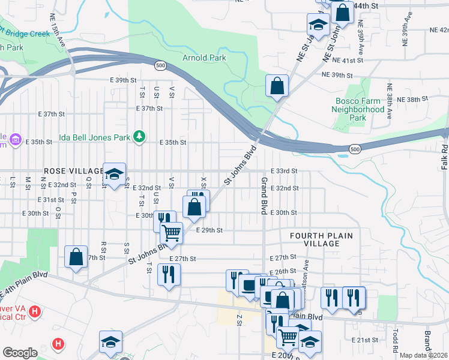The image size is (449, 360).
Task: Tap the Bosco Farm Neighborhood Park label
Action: point(358,110)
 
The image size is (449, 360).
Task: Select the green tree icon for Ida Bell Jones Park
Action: point(139,137)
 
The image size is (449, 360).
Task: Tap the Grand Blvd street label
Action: point(263,196)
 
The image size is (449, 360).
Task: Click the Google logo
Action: point(20,353)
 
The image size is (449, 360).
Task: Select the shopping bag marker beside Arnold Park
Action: point(277,86)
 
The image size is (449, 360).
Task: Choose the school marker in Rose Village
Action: point(113,174)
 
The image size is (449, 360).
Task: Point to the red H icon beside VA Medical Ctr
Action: point(35,311)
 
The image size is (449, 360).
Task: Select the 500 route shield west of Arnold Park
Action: point(159,65)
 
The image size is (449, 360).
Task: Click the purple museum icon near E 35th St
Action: point(15,142)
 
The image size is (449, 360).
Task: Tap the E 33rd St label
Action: point(284,171)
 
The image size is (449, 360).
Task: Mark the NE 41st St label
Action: point(352,61)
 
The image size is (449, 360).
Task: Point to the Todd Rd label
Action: point(396,340)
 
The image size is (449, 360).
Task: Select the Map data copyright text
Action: point(423,355)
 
